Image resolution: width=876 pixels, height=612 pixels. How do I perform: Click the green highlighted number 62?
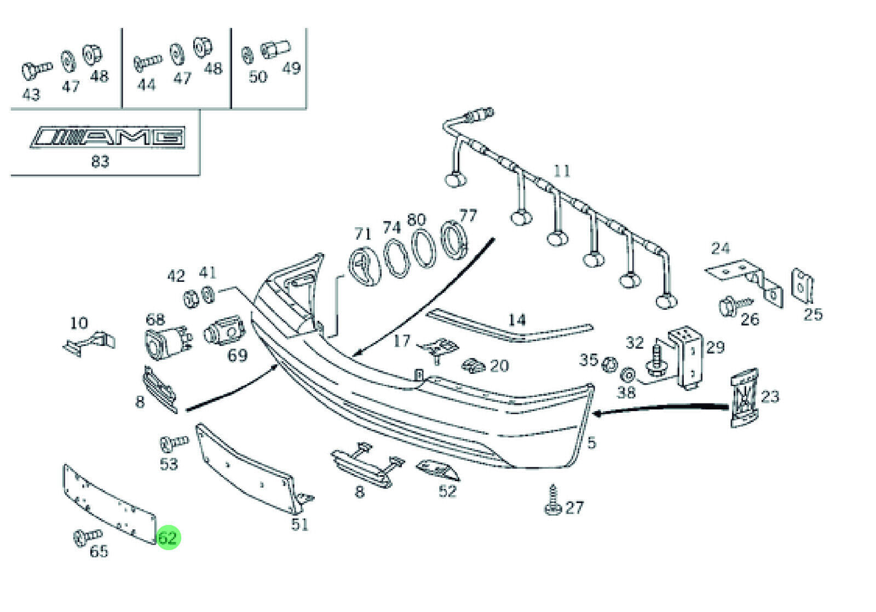point(168,538)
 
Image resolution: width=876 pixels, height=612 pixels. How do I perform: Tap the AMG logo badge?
point(108,137)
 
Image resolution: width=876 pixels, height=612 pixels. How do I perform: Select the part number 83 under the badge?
point(100,161)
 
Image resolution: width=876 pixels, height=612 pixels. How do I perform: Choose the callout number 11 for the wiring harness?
point(562,171)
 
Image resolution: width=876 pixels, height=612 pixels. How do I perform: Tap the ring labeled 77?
point(454,239)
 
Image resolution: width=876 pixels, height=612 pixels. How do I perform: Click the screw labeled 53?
point(173,441)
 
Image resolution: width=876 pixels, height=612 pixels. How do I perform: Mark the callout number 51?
point(299,524)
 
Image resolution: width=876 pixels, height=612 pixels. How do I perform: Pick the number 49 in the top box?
point(291,68)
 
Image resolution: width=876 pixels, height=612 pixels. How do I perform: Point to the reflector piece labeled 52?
point(437,469)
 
